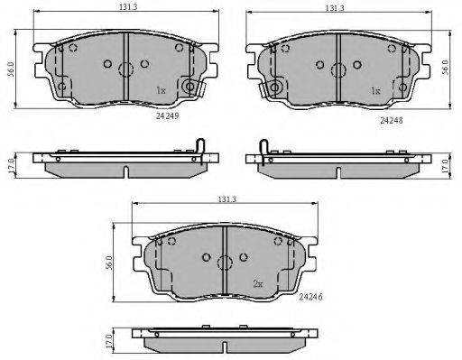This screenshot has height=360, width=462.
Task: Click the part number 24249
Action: [168, 115]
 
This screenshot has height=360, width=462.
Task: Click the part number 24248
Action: [392, 120]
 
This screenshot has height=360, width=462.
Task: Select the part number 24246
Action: [310, 297]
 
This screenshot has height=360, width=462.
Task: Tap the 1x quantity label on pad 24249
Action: [161, 90]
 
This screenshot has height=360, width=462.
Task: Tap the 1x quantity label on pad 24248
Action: [375, 90]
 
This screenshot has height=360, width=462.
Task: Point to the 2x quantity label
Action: [258, 284]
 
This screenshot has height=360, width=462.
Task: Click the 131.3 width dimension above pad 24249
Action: [128, 7]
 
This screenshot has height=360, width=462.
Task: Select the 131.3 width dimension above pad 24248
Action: [335, 8]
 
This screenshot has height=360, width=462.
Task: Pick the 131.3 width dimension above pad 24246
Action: [227, 199]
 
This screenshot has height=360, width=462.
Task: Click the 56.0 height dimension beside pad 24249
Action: [11, 69]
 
